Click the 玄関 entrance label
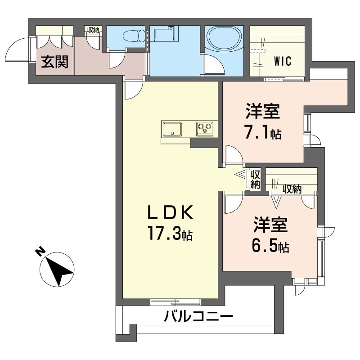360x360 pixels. (55, 62)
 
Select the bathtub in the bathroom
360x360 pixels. (223, 40)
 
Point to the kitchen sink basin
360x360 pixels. (171, 129)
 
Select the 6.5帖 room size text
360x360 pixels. (270, 246)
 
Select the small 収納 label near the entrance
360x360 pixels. (94, 31)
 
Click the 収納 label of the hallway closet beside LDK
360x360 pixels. (255, 179)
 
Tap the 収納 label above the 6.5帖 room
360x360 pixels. (292, 189)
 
